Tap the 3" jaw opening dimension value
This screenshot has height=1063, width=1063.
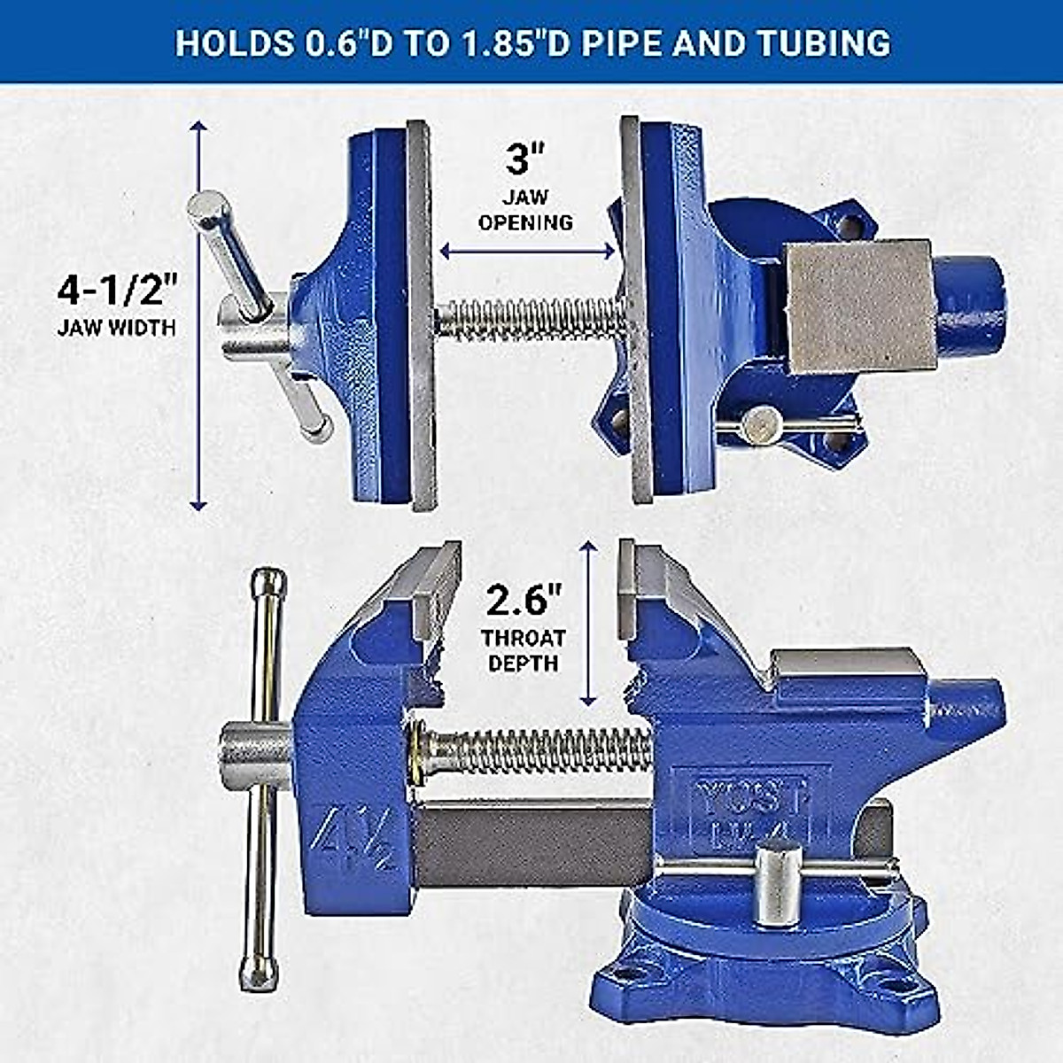click(x=525, y=159)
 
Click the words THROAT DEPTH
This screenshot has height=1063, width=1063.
click(x=524, y=649)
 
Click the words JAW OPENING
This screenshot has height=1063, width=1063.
click(x=525, y=209)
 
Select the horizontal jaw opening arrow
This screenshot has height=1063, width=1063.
click(x=527, y=252)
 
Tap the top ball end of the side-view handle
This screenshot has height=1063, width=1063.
click(x=268, y=583)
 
